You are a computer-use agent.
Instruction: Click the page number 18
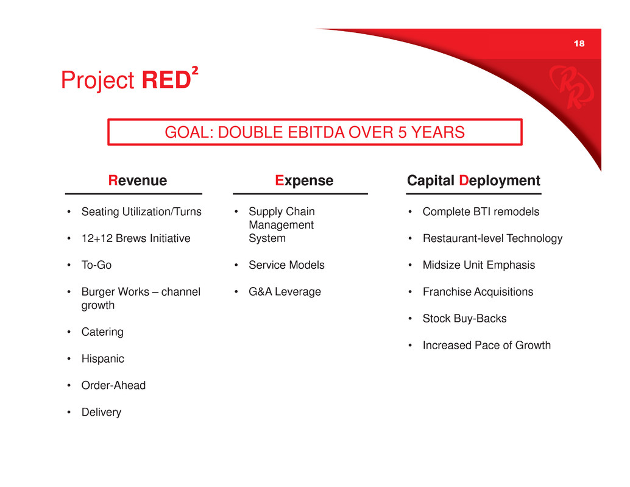point(579,43)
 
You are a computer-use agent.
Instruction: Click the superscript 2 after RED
point(195,70)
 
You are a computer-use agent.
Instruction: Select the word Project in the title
point(97,80)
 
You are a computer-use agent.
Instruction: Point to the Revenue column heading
point(138,180)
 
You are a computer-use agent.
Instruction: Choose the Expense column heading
point(304,180)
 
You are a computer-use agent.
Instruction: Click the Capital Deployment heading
point(473,181)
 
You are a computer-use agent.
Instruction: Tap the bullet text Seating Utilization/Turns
point(141,212)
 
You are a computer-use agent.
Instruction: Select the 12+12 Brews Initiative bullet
point(136,238)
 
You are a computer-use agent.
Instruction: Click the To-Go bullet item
point(96,265)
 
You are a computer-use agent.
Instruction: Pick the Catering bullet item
point(102,332)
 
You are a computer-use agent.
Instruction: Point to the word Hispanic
point(103,359)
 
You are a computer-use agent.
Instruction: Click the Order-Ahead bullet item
point(114,385)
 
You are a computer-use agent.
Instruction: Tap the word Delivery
point(101,412)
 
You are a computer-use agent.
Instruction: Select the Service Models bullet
point(286,265)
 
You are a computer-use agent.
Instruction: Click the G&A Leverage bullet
point(285,292)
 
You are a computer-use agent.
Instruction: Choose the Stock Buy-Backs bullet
point(464,319)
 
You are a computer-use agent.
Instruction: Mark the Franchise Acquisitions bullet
point(478,292)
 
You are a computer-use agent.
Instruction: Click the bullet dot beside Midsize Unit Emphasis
point(410,265)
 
